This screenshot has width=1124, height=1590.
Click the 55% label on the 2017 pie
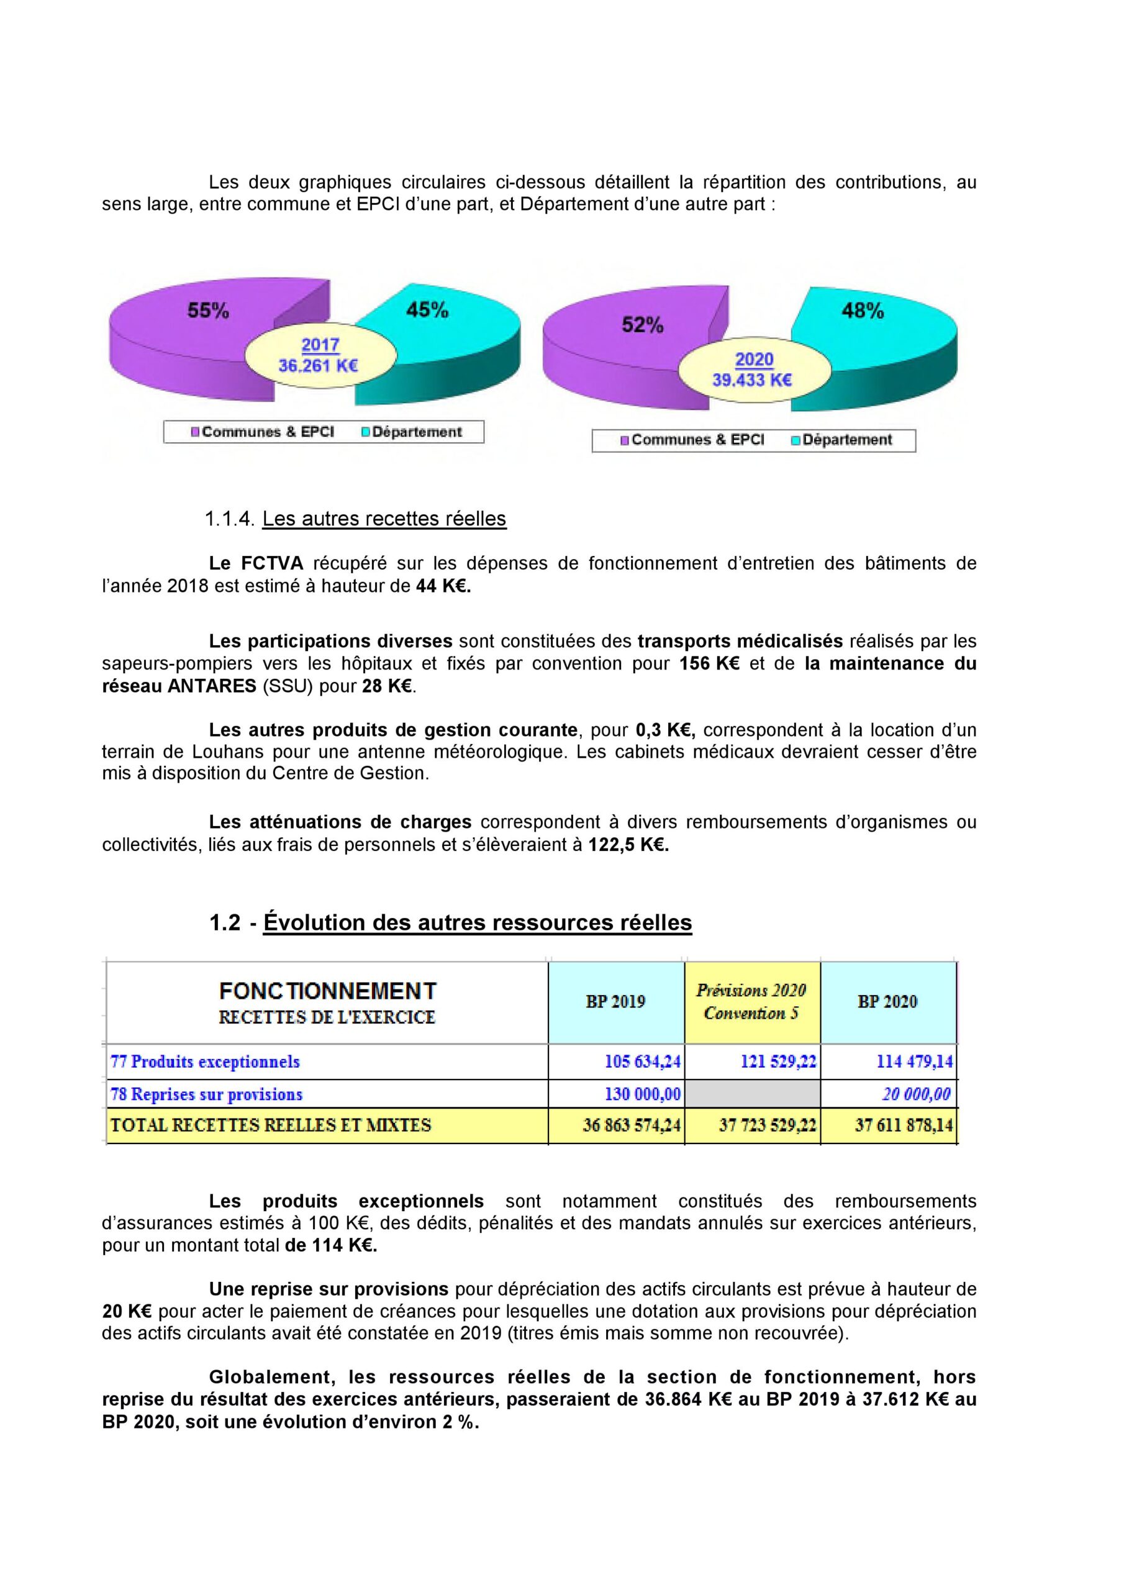click(208, 311)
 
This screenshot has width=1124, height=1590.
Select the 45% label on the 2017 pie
click(427, 311)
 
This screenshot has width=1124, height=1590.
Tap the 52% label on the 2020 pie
click(642, 325)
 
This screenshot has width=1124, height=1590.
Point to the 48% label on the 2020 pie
click(862, 311)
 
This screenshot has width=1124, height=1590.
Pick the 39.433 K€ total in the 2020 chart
click(752, 380)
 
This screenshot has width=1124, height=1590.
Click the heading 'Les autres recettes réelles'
click(384, 519)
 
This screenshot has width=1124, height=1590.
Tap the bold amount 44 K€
click(443, 586)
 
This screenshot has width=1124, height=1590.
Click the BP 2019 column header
click(615, 1001)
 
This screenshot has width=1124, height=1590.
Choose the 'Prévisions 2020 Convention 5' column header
click(751, 1001)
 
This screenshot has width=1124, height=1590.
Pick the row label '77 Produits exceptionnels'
click(206, 1061)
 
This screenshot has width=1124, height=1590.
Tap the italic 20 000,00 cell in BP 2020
click(915, 1094)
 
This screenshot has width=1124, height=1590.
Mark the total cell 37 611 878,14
click(904, 1125)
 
